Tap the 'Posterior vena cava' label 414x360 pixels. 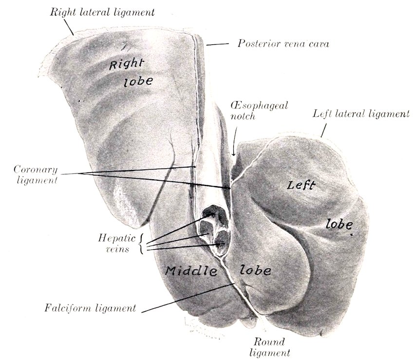click(283, 43)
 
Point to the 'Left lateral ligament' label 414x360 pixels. click(360, 114)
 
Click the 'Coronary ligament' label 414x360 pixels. click(36, 175)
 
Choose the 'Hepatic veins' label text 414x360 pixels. click(116, 243)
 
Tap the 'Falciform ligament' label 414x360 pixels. click(90, 308)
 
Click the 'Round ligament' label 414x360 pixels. click(269, 347)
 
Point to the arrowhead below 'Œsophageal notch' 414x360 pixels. click(234, 153)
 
